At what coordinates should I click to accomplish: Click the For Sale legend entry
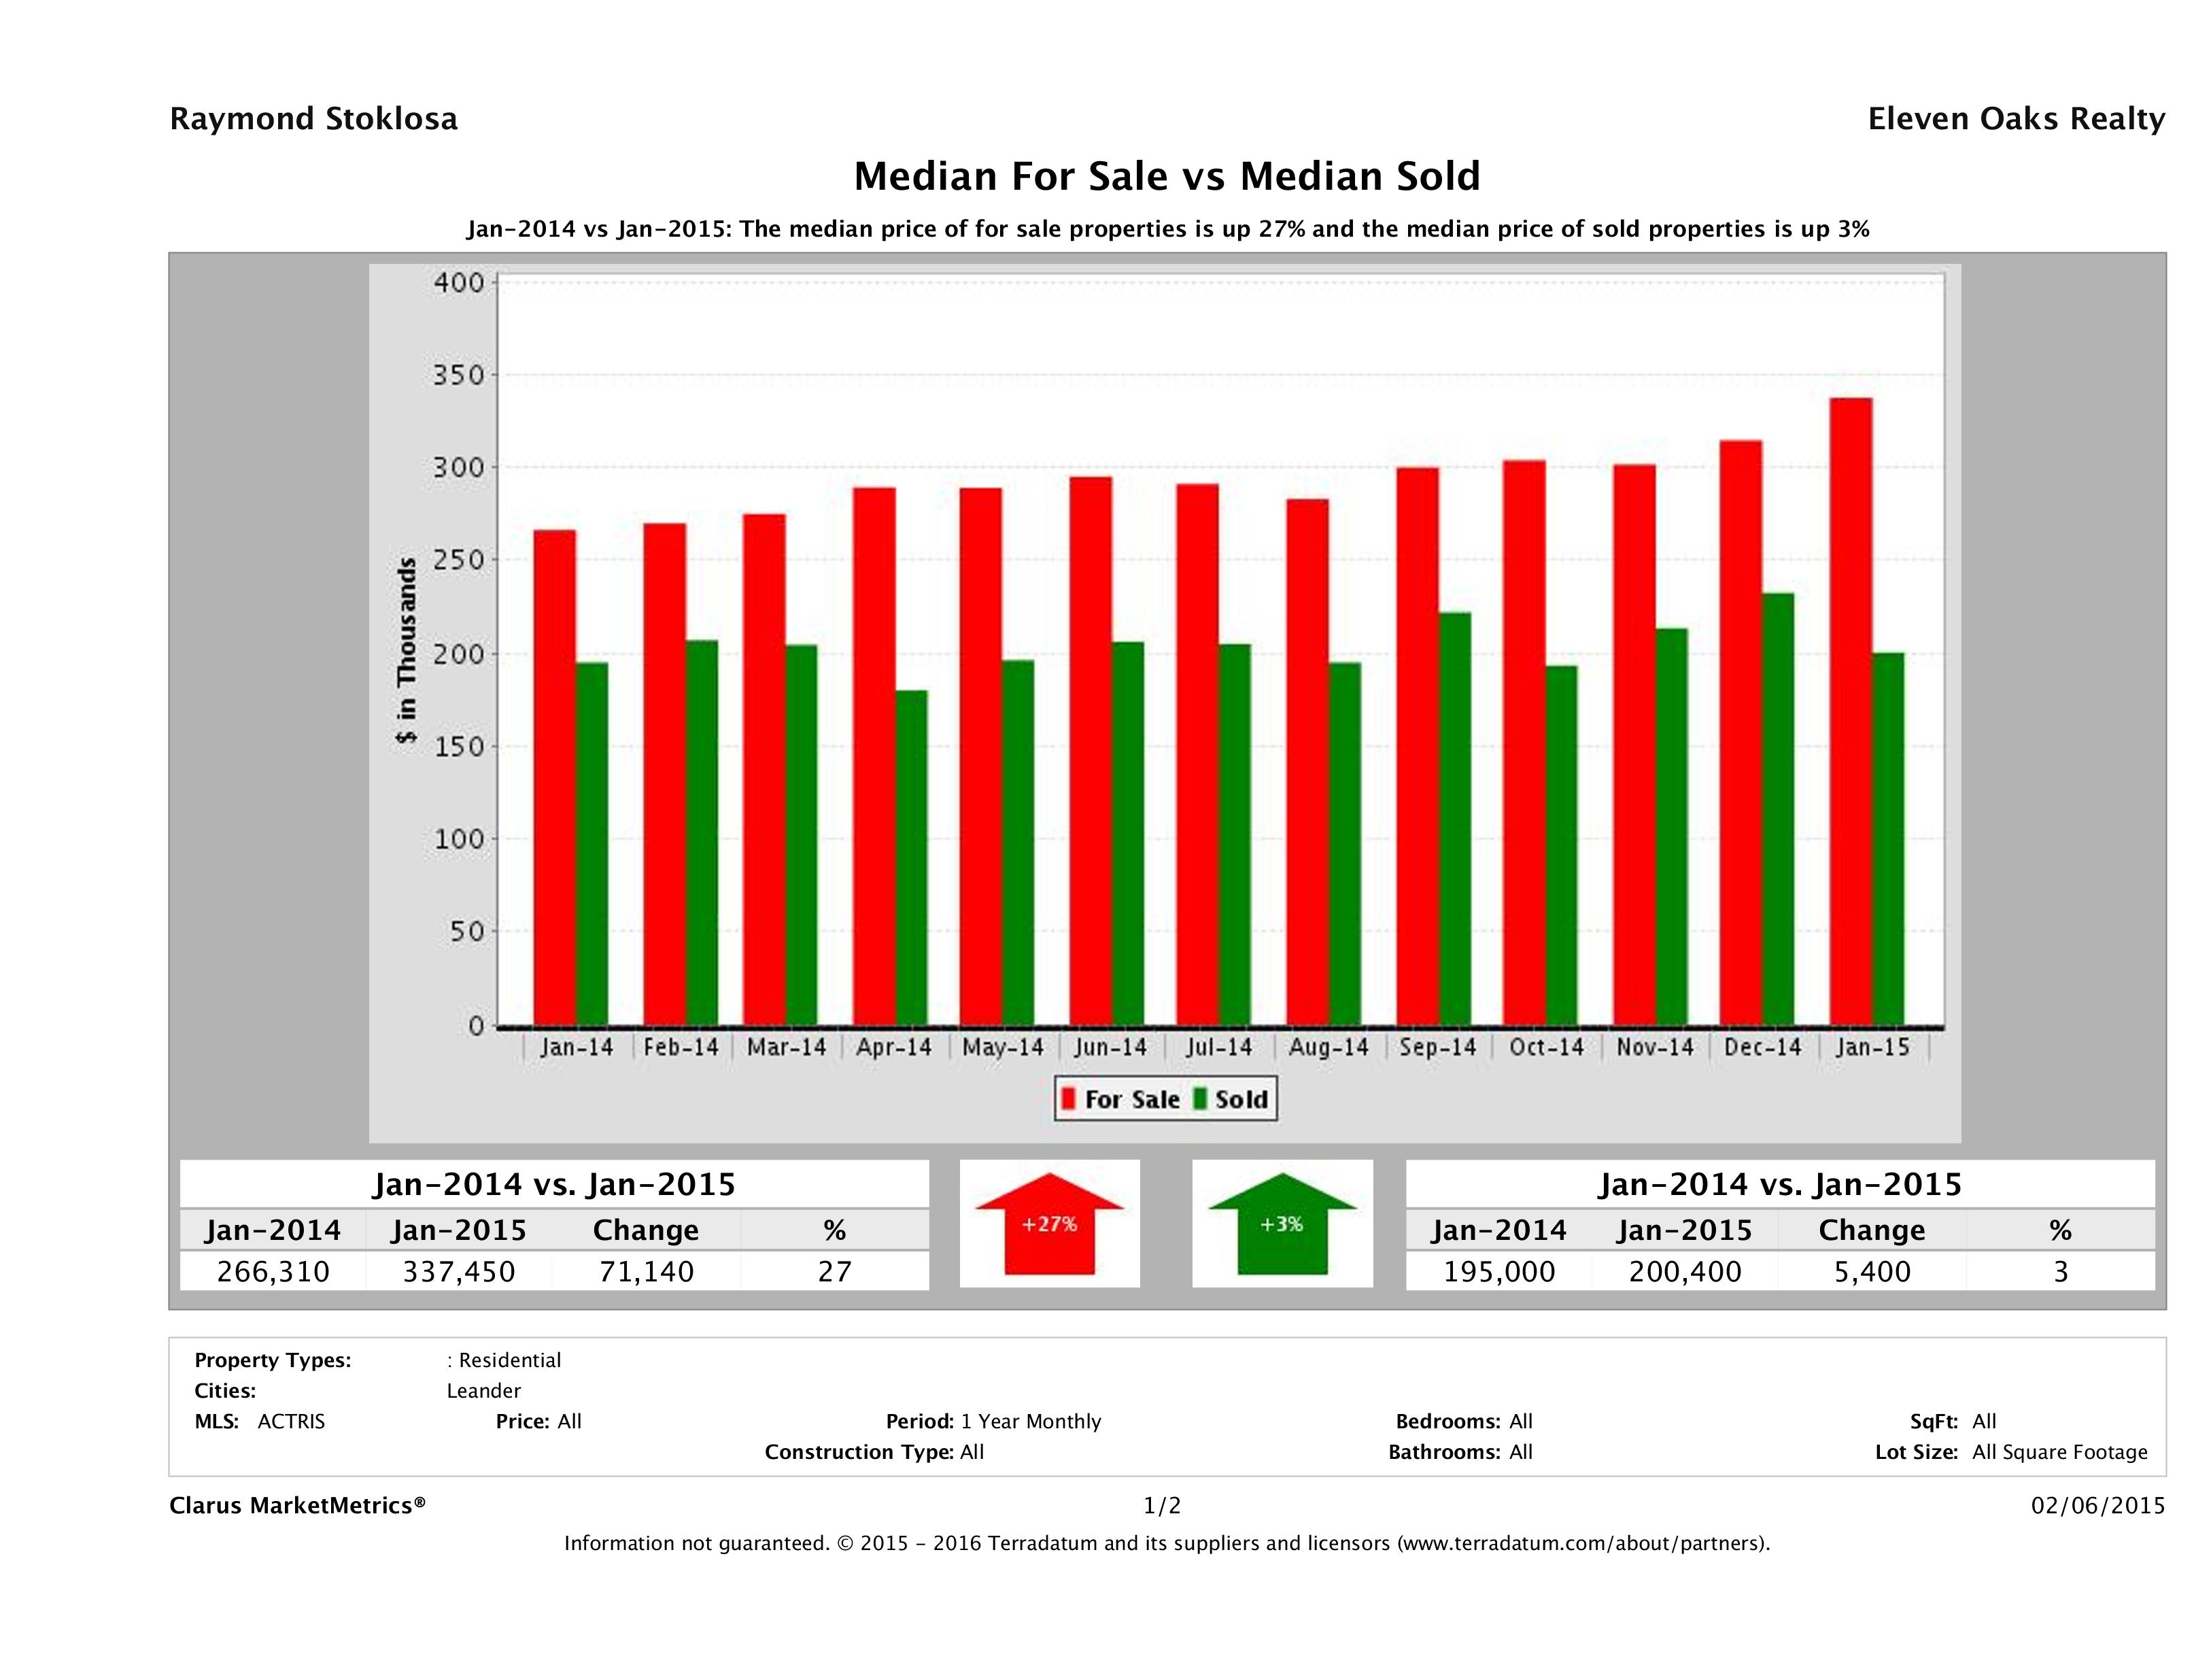1121,1099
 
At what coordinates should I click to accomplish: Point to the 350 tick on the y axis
458,375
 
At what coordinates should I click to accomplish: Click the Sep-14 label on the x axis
1437,1048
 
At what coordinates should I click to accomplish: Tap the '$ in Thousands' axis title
407,650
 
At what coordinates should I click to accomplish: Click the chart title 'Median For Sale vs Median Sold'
1167,177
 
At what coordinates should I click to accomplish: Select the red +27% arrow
1049,1224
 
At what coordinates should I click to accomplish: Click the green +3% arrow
1282,1224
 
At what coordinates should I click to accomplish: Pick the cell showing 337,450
458,1271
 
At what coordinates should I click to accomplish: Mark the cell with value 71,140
646,1271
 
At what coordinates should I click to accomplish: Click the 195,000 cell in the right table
1498,1271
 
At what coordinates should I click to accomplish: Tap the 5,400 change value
1872,1271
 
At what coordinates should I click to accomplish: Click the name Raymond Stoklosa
313,119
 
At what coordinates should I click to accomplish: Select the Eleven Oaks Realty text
2015,119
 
